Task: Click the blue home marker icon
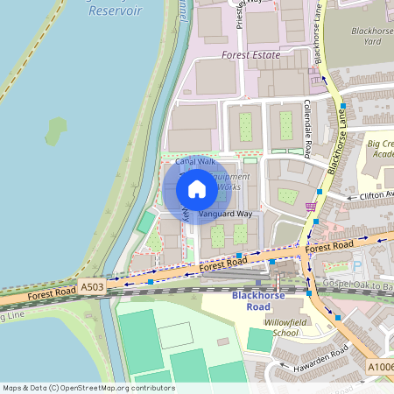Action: click(197, 188)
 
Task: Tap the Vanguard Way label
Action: click(225, 214)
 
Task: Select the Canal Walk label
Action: click(195, 162)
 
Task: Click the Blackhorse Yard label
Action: click(371, 35)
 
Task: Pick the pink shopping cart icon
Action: click(309, 207)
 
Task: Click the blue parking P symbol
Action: click(356, 266)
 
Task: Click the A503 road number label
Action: click(92, 286)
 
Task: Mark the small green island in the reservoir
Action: click(56, 130)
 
